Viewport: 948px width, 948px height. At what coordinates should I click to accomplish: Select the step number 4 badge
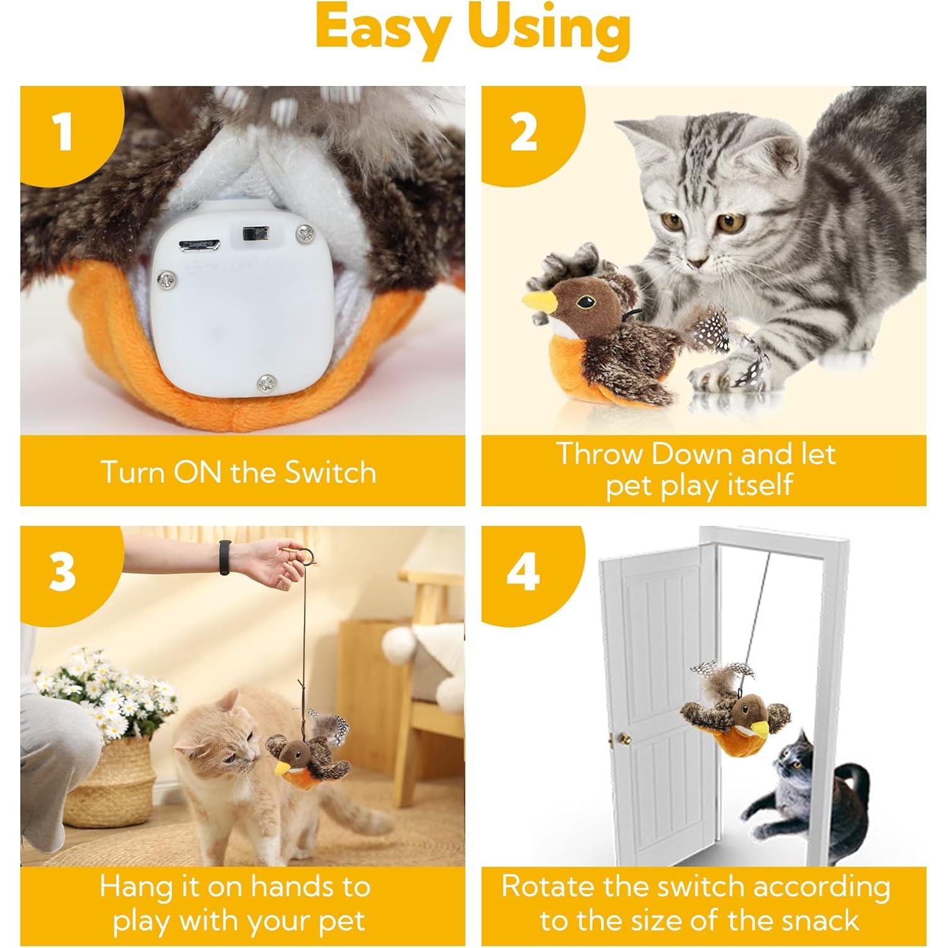click(x=523, y=572)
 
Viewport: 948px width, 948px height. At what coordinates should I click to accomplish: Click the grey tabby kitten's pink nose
click(x=696, y=262)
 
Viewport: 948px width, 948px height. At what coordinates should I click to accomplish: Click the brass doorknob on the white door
click(x=623, y=738)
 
